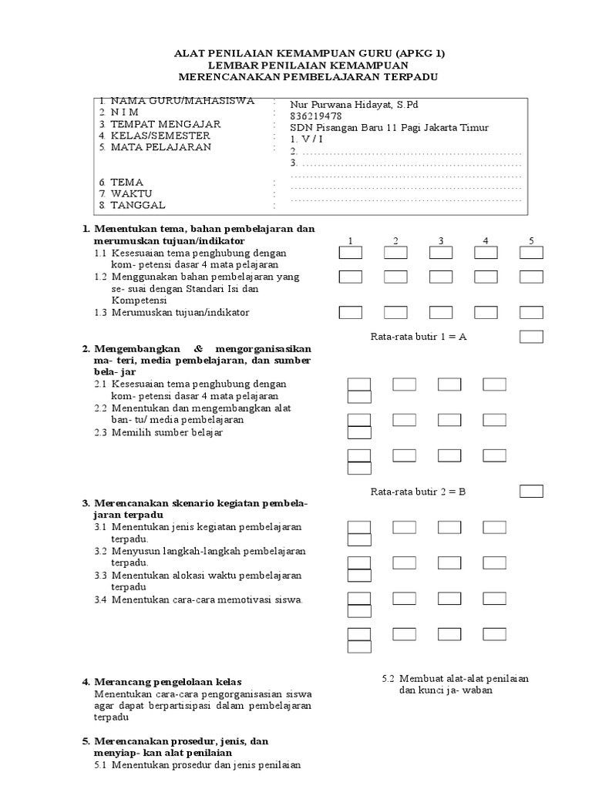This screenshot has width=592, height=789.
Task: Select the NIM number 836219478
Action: point(316,116)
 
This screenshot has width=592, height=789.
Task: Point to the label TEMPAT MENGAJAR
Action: point(165,124)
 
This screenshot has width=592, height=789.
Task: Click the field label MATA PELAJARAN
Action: point(160,147)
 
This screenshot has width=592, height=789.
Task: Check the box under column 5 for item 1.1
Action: point(531,253)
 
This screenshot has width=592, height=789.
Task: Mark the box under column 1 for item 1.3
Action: point(351,312)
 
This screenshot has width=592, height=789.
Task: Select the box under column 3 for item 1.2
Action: point(441,276)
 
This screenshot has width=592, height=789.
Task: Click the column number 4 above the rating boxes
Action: point(486,241)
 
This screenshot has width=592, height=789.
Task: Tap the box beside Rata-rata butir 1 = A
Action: point(531,336)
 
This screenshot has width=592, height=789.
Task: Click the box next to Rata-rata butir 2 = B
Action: point(531,491)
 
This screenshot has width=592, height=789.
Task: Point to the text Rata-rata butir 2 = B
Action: point(419,492)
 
